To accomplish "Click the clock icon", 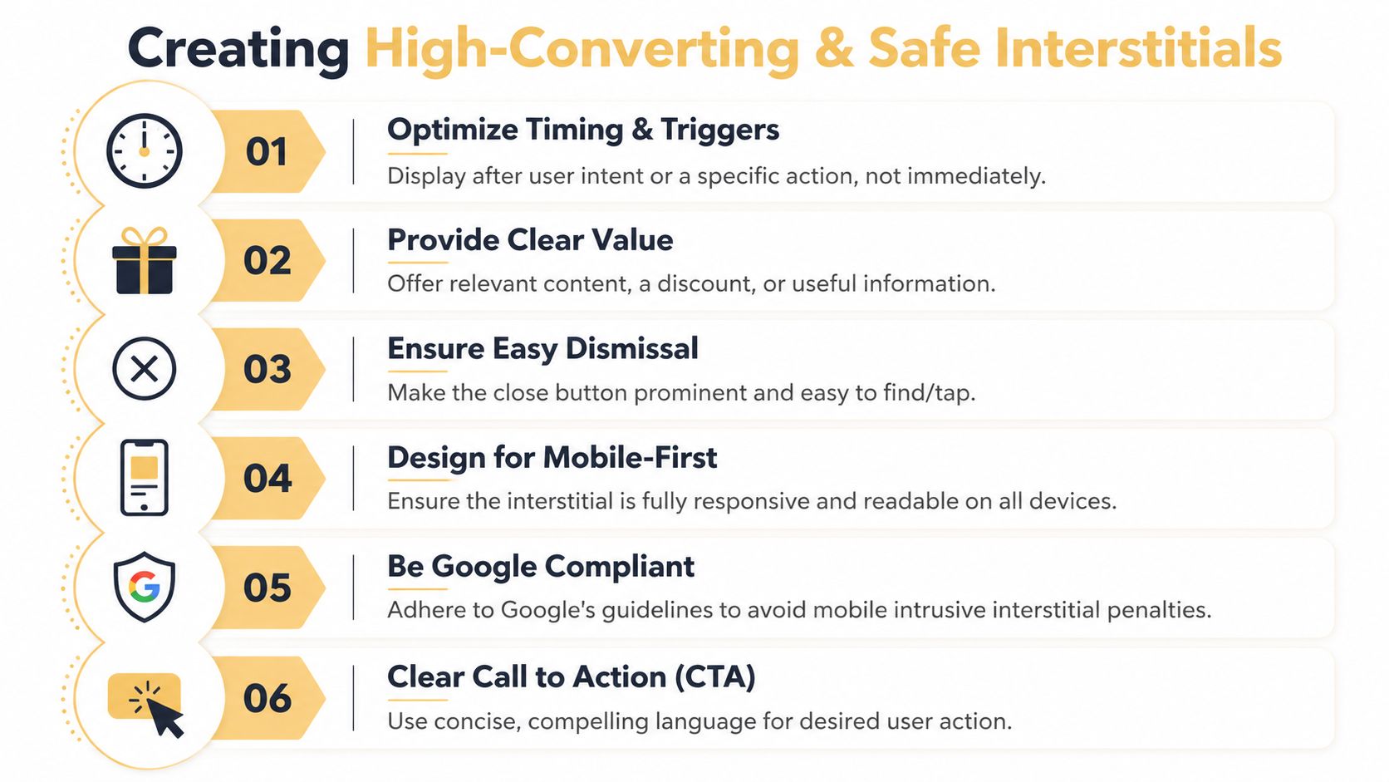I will pyautogui.click(x=144, y=150).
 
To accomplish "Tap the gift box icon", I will pyautogui.click(x=145, y=261).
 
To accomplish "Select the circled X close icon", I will pyautogui.click(x=145, y=369).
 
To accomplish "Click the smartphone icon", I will pyautogui.click(x=145, y=478).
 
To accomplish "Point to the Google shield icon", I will pyautogui.click(x=145, y=587).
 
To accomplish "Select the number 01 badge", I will pyautogui.click(x=267, y=152).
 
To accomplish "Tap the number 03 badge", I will pyautogui.click(x=267, y=370).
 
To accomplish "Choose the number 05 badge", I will pyautogui.click(x=267, y=588).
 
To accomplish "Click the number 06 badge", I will pyautogui.click(x=267, y=698).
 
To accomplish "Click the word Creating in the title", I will pyautogui.click(x=238, y=48).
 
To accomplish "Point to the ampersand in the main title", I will pyautogui.click(x=833, y=48).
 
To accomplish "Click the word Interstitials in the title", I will pyautogui.click(x=1075, y=48).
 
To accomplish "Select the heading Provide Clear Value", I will pyautogui.click(x=530, y=240).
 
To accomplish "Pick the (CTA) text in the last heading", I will pyautogui.click(x=714, y=677).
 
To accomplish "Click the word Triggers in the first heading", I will pyautogui.click(x=719, y=130).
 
